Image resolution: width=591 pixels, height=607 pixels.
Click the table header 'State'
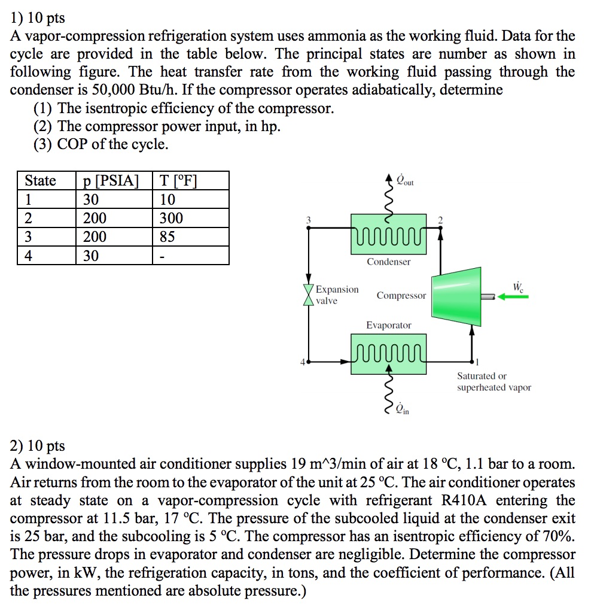pos(41,181)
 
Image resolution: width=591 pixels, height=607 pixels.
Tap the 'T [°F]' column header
pos(178,181)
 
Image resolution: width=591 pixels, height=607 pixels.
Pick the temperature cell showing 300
pos(172,218)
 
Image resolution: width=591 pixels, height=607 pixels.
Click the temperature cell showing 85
pos(167,237)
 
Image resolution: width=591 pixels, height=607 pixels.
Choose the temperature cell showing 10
pos(167,199)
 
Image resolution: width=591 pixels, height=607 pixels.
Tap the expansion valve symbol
pos(309,295)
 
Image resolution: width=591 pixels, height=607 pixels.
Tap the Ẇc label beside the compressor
pos(517,286)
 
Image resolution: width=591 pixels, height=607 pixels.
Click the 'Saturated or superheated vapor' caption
pos(493,382)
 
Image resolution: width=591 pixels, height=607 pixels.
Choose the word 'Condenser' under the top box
pos(389,262)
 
